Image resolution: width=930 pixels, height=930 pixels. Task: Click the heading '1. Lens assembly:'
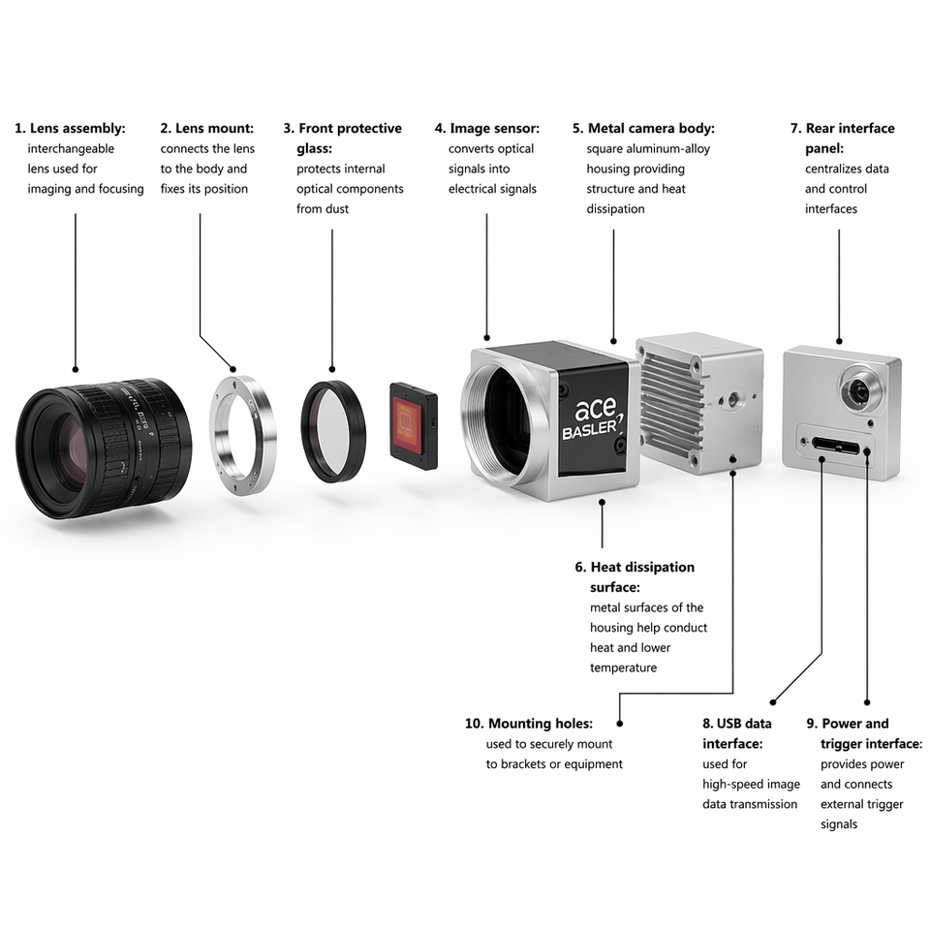pyautogui.click(x=70, y=128)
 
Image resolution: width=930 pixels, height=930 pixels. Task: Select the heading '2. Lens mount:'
pyautogui.click(x=207, y=128)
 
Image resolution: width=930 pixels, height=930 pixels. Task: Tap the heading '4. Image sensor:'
pyautogui.click(x=487, y=128)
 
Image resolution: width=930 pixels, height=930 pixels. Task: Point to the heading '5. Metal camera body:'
pyautogui.click(x=643, y=128)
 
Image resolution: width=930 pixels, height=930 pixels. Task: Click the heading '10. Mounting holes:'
pyautogui.click(x=529, y=724)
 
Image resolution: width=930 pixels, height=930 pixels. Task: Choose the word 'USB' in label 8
pyautogui.click(x=730, y=724)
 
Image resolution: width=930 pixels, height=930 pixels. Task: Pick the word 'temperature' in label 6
pyautogui.click(x=623, y=667)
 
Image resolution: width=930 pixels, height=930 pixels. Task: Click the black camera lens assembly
pyautogui.click(x=104, y=448)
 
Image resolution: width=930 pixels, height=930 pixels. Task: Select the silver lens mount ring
pyautogui.click(x=243, y=434)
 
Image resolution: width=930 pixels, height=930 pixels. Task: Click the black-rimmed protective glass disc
pyautogui.click(x=333, y=430)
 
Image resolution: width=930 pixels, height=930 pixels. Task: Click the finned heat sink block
pyautogui.click(x=698, y=403)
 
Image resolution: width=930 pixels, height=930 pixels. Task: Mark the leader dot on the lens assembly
pyautogui.click(x=76, y=369)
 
